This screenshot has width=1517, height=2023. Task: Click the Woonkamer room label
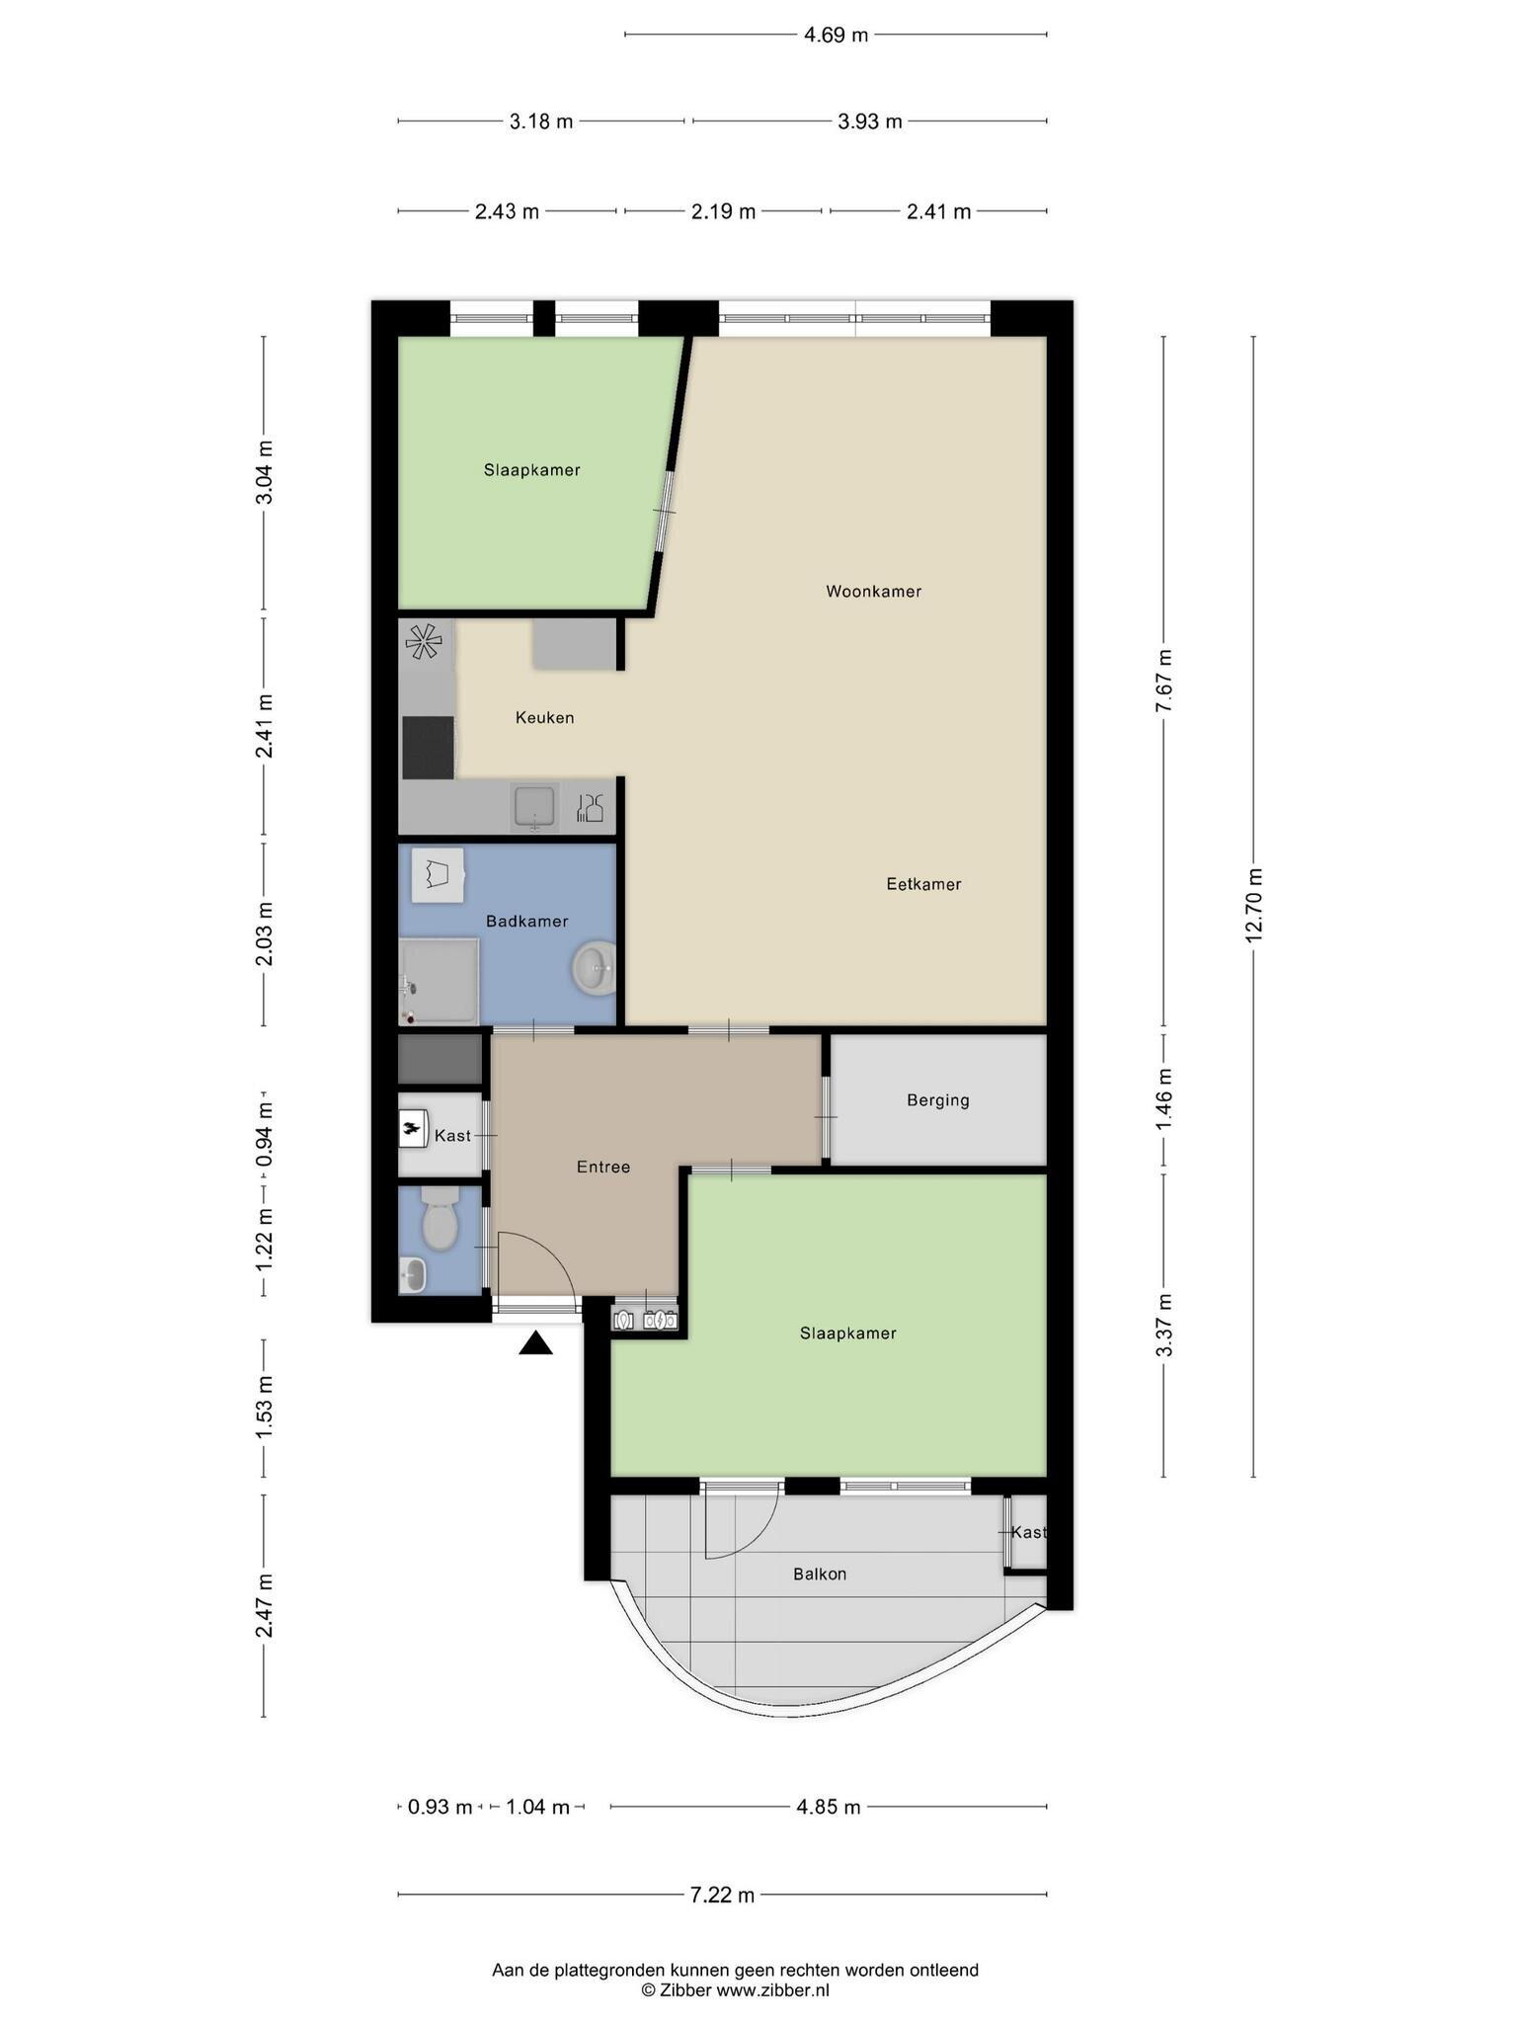(873, 592)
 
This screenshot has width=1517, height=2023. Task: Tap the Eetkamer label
(923, 884)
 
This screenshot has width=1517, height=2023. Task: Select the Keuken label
(544, 718)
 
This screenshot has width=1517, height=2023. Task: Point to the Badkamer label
(526, 922)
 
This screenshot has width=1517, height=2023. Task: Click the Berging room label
(938, 1100)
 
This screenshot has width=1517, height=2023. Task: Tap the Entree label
(603, 1167)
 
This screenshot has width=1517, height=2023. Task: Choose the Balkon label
(820, 1574)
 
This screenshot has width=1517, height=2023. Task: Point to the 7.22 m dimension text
(722, 1894)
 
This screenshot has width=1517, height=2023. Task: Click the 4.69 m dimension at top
(836, 35)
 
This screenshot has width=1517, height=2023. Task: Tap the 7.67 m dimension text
(1164, 681)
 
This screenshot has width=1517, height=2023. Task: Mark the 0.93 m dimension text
(439, 1807)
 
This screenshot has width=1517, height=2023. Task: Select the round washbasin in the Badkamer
(594, 968)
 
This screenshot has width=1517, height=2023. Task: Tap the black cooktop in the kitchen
(428, 748)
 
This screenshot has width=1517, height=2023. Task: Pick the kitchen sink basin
(535, 808)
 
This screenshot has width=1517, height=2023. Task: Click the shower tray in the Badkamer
(439, 982)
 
